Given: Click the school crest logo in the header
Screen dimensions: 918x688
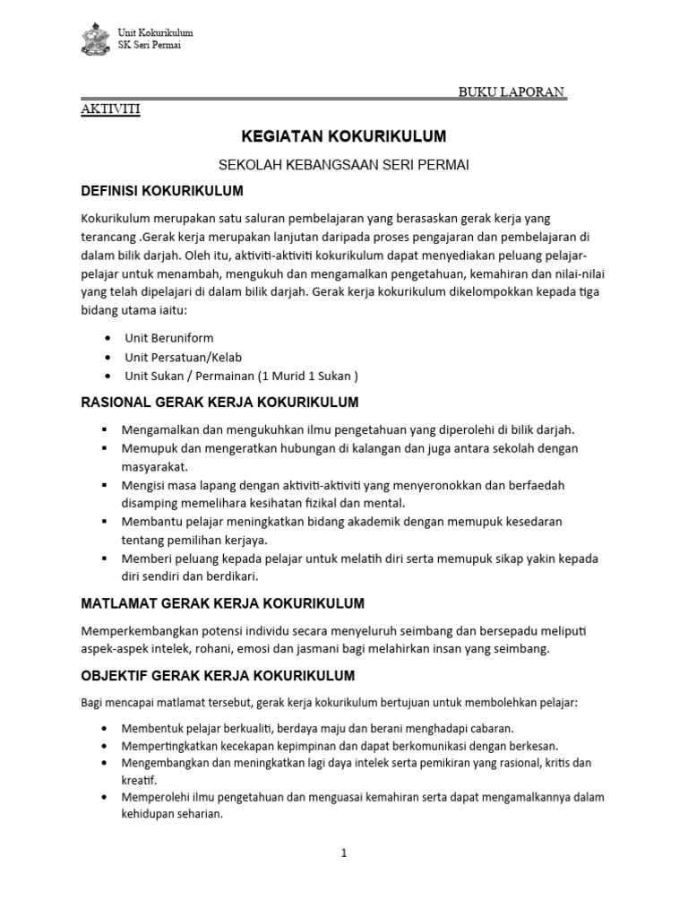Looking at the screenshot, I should (x=92, y=39).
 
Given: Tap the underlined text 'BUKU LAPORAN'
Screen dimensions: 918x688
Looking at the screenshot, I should (x=512, y=91).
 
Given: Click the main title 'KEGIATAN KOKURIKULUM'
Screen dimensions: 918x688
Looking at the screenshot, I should (x=343, y=137).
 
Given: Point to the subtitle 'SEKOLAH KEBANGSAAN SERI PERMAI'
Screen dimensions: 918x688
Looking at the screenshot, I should (x=344, y=165).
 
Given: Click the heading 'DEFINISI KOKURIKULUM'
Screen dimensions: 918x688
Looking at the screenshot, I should (x=162, y=191).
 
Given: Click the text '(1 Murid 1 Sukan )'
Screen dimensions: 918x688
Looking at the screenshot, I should (x=308, y=376).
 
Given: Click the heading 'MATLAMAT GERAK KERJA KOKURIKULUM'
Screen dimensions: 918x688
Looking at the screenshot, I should (x=222, y=602).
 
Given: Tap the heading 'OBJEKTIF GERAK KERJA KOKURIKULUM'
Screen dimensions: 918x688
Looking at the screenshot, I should (x=218, y=675).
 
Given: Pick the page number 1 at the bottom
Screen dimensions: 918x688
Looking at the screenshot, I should (x=343, y=853).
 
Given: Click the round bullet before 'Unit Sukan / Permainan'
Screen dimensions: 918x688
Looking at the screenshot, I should (x=107, y=376).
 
